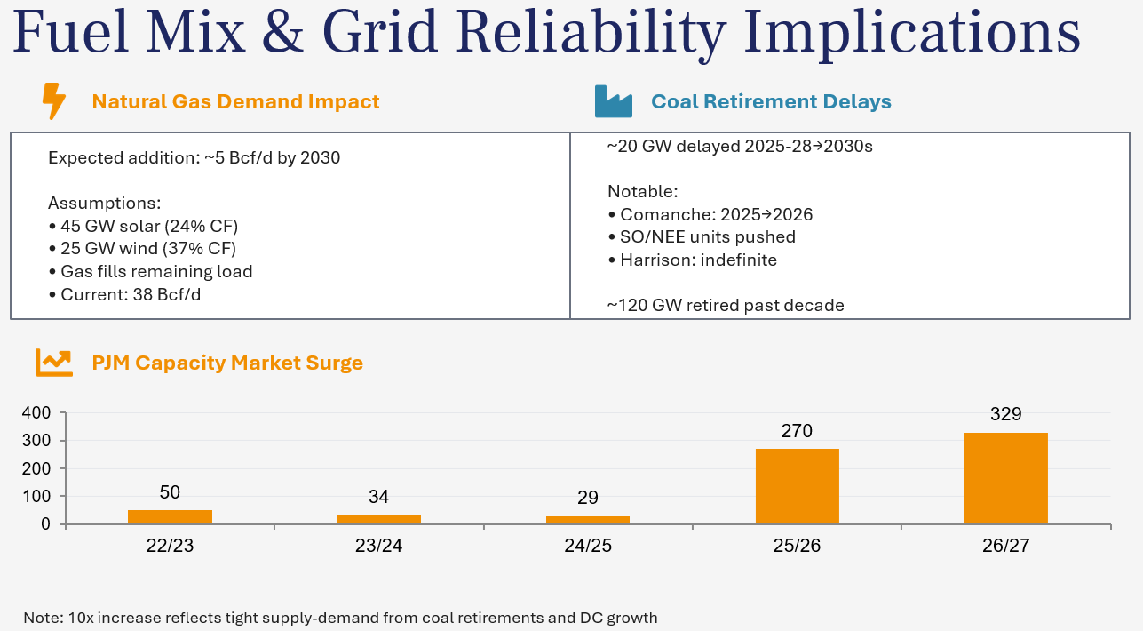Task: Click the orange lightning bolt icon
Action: coord(54,101)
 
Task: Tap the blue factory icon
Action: coord(613,101)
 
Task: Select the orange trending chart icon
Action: coord(54,362)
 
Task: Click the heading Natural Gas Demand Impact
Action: coord(235,101)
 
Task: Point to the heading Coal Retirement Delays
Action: coord(771,101)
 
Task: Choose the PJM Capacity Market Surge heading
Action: coord(227,363)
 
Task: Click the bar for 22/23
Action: coord(170,516)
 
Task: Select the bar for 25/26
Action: coord(797,486)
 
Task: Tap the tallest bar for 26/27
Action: coord(1005,478)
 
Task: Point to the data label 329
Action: coord(1005,414)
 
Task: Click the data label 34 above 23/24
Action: coord(378,497)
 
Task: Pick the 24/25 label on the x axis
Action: coord(587,546)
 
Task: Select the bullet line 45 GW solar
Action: coord(143,226)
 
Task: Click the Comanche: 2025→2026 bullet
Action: coord(710,214)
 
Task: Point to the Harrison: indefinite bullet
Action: coord(693,260)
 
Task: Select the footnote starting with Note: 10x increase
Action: coord(340,618)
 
